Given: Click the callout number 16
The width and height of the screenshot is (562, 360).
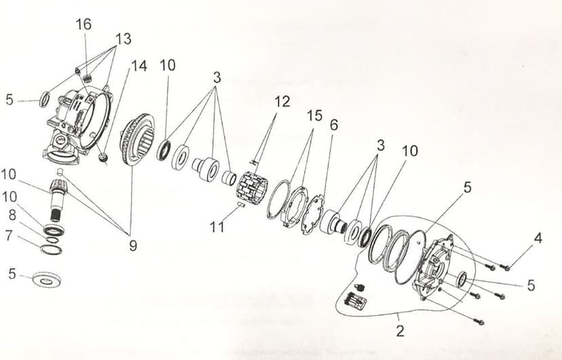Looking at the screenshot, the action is tap(83, 24).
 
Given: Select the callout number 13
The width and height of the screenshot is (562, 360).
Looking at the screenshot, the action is tap(124, 39).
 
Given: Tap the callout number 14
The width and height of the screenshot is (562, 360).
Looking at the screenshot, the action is tap(139, 66).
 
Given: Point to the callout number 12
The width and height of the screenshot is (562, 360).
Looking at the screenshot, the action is tap(282, 102).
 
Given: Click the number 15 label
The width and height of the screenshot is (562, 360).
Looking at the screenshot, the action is tap(314, 116).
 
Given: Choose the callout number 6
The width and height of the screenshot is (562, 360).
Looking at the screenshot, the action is tap(334, 125).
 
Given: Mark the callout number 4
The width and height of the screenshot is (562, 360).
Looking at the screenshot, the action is tap(538, 238).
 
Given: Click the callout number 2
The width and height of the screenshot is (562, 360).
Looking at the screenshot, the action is tap(400, 331).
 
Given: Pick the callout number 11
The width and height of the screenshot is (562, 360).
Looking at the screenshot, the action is tap(217, 227).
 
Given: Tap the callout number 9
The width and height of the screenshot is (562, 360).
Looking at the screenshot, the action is tap(133, 246).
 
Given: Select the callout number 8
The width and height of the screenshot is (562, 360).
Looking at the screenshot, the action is tap(12, 215).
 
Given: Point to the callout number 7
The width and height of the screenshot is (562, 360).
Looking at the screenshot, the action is tap(9, 236).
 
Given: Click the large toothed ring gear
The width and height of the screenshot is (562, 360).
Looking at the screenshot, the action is tap(137, 139).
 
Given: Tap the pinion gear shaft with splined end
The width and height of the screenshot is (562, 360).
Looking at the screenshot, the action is tap(56, 200).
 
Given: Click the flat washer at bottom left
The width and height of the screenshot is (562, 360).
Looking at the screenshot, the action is tap(47, 280).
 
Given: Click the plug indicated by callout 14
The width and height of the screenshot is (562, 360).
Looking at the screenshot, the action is tap(104, 158).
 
